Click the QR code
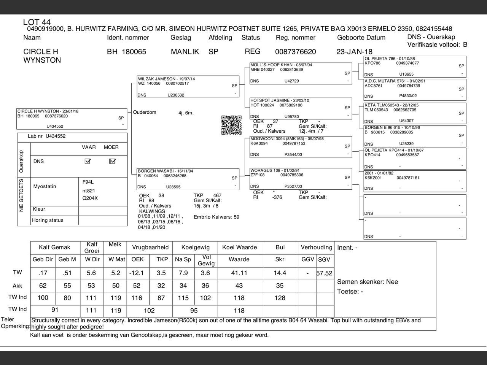[x=231, y=125]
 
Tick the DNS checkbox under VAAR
[x=88, y=161]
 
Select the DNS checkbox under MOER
[x=112, y=161]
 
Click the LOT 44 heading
[x=37, y=22]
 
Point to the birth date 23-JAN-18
[x=354, y=52]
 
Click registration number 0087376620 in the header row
[x=295, y=52]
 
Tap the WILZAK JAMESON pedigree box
[x=188, y=87]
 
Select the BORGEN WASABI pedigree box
[x=188, y=179]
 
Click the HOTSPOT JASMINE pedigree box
[x=301, y=108]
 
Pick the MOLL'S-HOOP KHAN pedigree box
[x=301, y=73]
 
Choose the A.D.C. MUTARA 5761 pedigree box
[x=415, y=89]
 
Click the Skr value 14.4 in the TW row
[x=280, y=273]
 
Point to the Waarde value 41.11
[x=239, y=273]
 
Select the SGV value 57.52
[x=325, y=273]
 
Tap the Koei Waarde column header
[x=239, y=247]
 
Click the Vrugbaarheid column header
[x=150, y=247]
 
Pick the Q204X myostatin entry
[x=90, y=198]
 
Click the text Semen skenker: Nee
[x=368, y=282]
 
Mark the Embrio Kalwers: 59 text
[x=216, y=217]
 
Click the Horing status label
[x=48, y=220]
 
